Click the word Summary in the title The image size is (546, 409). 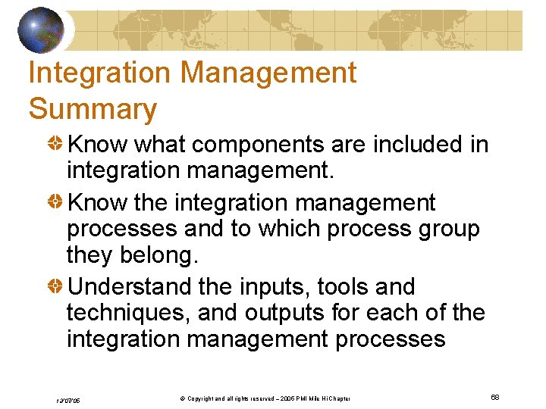click(93, 109)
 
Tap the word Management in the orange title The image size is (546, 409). click(268, 73)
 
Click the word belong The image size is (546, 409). click(160, 255)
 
